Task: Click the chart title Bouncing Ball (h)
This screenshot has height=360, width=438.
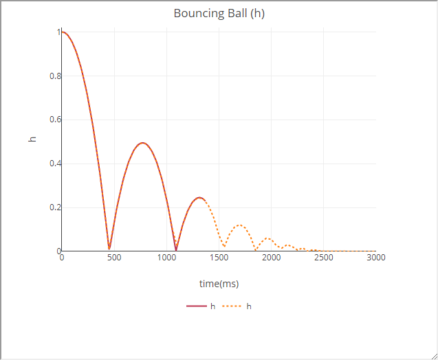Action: pos(219,13)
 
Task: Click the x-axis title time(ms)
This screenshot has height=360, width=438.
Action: pos(219,284)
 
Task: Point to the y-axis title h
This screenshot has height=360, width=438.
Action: pos(32,139)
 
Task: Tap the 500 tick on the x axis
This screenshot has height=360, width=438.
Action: pos(114,258)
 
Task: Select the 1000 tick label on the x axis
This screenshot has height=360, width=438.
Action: pos(166,258)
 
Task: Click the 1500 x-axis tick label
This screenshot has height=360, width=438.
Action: pos(219,258)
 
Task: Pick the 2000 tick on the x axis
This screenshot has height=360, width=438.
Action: pos(271,258)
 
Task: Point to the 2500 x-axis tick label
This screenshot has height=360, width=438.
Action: pos(323,258)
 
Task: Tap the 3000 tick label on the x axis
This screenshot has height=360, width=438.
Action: pos(375,258)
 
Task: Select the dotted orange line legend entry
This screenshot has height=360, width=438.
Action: pos(237,306)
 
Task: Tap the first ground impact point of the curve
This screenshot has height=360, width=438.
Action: pos(109,249)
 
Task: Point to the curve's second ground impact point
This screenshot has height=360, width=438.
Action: pos(176,249)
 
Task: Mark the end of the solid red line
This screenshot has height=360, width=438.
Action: pos(204,199)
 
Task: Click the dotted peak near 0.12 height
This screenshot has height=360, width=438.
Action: pos(239,225)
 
